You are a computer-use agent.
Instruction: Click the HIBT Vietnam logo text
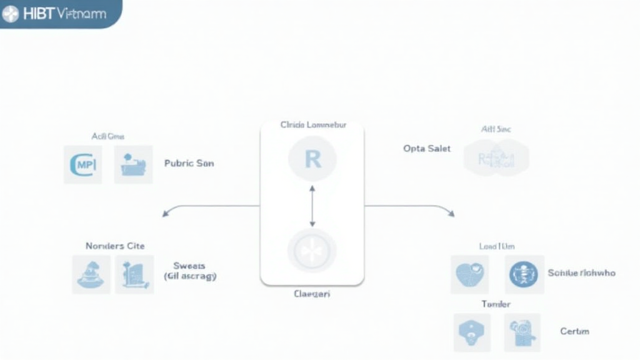[x=63, y=14]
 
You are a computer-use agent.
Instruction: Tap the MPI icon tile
[x=82, y=164]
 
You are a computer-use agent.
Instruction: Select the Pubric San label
[x=189, y=163]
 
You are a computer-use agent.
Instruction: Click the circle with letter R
[x=312, y=159]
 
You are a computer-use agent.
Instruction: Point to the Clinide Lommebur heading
[x=313, y=125]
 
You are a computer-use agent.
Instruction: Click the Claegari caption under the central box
[x=312, y=293]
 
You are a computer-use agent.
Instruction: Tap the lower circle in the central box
[x=312, y=251]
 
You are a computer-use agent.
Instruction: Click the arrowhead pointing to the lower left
[x=166, y=214]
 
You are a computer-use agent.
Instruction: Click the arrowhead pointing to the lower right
[x=451, y=214]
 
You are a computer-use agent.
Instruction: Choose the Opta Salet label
[x=427, y=149]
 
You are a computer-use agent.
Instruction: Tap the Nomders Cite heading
[x=115, y=246]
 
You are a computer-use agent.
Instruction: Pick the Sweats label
[x=189, y=266]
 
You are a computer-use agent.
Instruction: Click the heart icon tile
[x=469, y=274]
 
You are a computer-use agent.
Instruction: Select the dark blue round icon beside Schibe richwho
[x=524, y=274]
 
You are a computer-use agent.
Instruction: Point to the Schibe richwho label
[x=581, y=273]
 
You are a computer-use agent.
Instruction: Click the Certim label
[x=574, y=331]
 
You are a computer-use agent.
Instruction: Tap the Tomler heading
[x=496, y=304]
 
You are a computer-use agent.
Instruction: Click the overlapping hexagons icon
[x=496, y=157]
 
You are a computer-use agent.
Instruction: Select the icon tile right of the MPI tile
[x=133, y=164]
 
